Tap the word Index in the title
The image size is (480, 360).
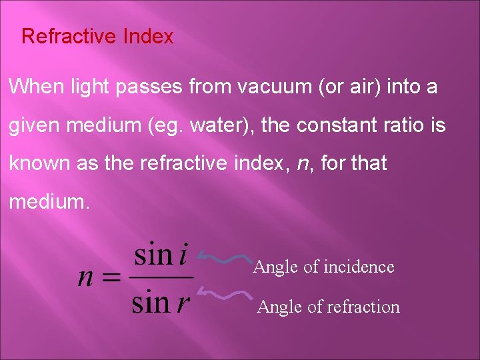coord(148,36)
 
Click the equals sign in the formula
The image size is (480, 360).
coord(111,277)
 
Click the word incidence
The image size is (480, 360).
coord(359,267)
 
